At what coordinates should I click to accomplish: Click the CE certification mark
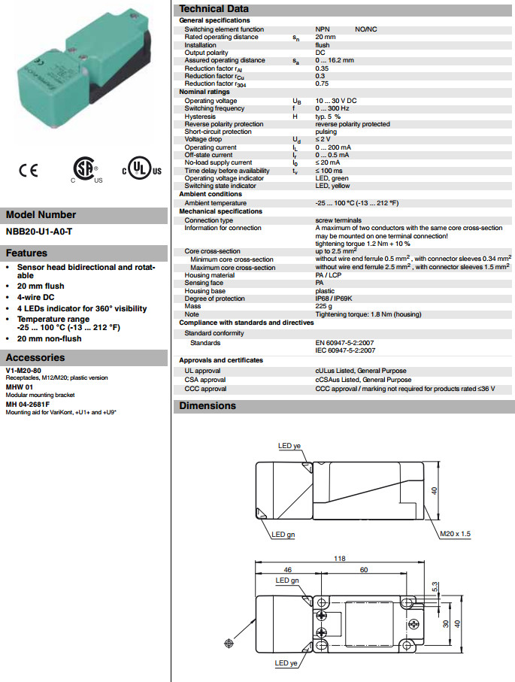point(29,171)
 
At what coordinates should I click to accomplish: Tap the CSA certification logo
point(85,171)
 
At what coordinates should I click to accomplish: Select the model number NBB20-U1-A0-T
point(39,232)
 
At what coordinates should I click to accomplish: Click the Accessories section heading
point(35,358)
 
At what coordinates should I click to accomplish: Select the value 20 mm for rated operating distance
point(326,37)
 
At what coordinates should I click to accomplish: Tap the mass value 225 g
point(325,307)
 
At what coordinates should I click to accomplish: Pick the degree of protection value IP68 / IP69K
point(338,299)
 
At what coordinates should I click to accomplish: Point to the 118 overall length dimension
point(339,558)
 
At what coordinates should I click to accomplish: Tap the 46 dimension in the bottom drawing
point(287,571)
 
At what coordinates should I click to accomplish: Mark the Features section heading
point(27,253)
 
